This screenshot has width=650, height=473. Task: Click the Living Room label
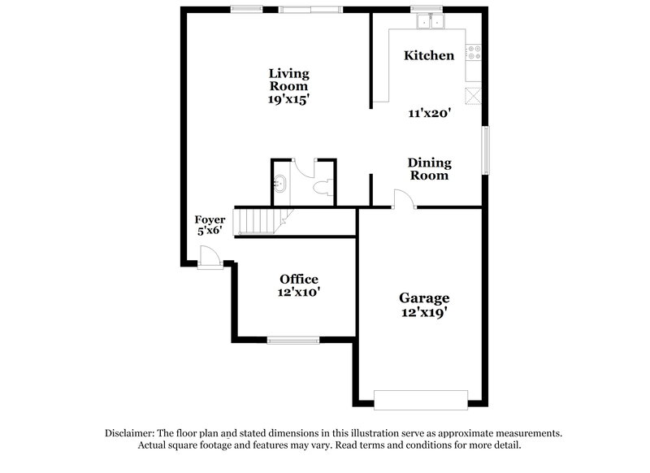(288, 80)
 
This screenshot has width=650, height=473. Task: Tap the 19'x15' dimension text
(288, 99)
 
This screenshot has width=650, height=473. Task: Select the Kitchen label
(429, 56)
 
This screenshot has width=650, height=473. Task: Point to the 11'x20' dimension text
(429, 114)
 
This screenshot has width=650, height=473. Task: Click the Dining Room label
(429, 169)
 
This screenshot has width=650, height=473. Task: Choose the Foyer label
(210, 219)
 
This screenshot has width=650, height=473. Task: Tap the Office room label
(299, 280)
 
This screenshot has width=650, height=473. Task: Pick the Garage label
(424, 298)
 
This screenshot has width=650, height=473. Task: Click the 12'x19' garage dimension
(424, 312)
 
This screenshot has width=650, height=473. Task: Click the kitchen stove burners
(471, 54)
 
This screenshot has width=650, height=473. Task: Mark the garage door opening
(420, 399)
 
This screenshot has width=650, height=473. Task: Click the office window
(293, 340)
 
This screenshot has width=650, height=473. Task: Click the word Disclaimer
(132, 434)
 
